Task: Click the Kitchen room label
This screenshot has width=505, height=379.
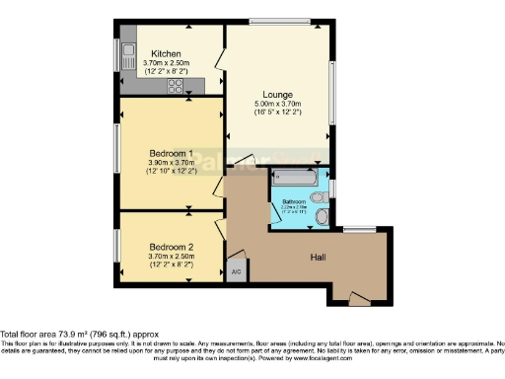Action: (x=166, y=53)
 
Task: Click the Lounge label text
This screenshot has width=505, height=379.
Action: (x=277, y=95)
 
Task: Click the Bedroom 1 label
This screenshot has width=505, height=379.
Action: (x=171, y=154)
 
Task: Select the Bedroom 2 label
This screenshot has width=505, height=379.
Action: (x=171, y=246)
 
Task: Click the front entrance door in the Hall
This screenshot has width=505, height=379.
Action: (x=355, y=295)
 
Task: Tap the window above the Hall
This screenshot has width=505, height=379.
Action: (x=357, y=229)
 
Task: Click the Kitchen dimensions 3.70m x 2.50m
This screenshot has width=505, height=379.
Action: (x=166, y=63)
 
